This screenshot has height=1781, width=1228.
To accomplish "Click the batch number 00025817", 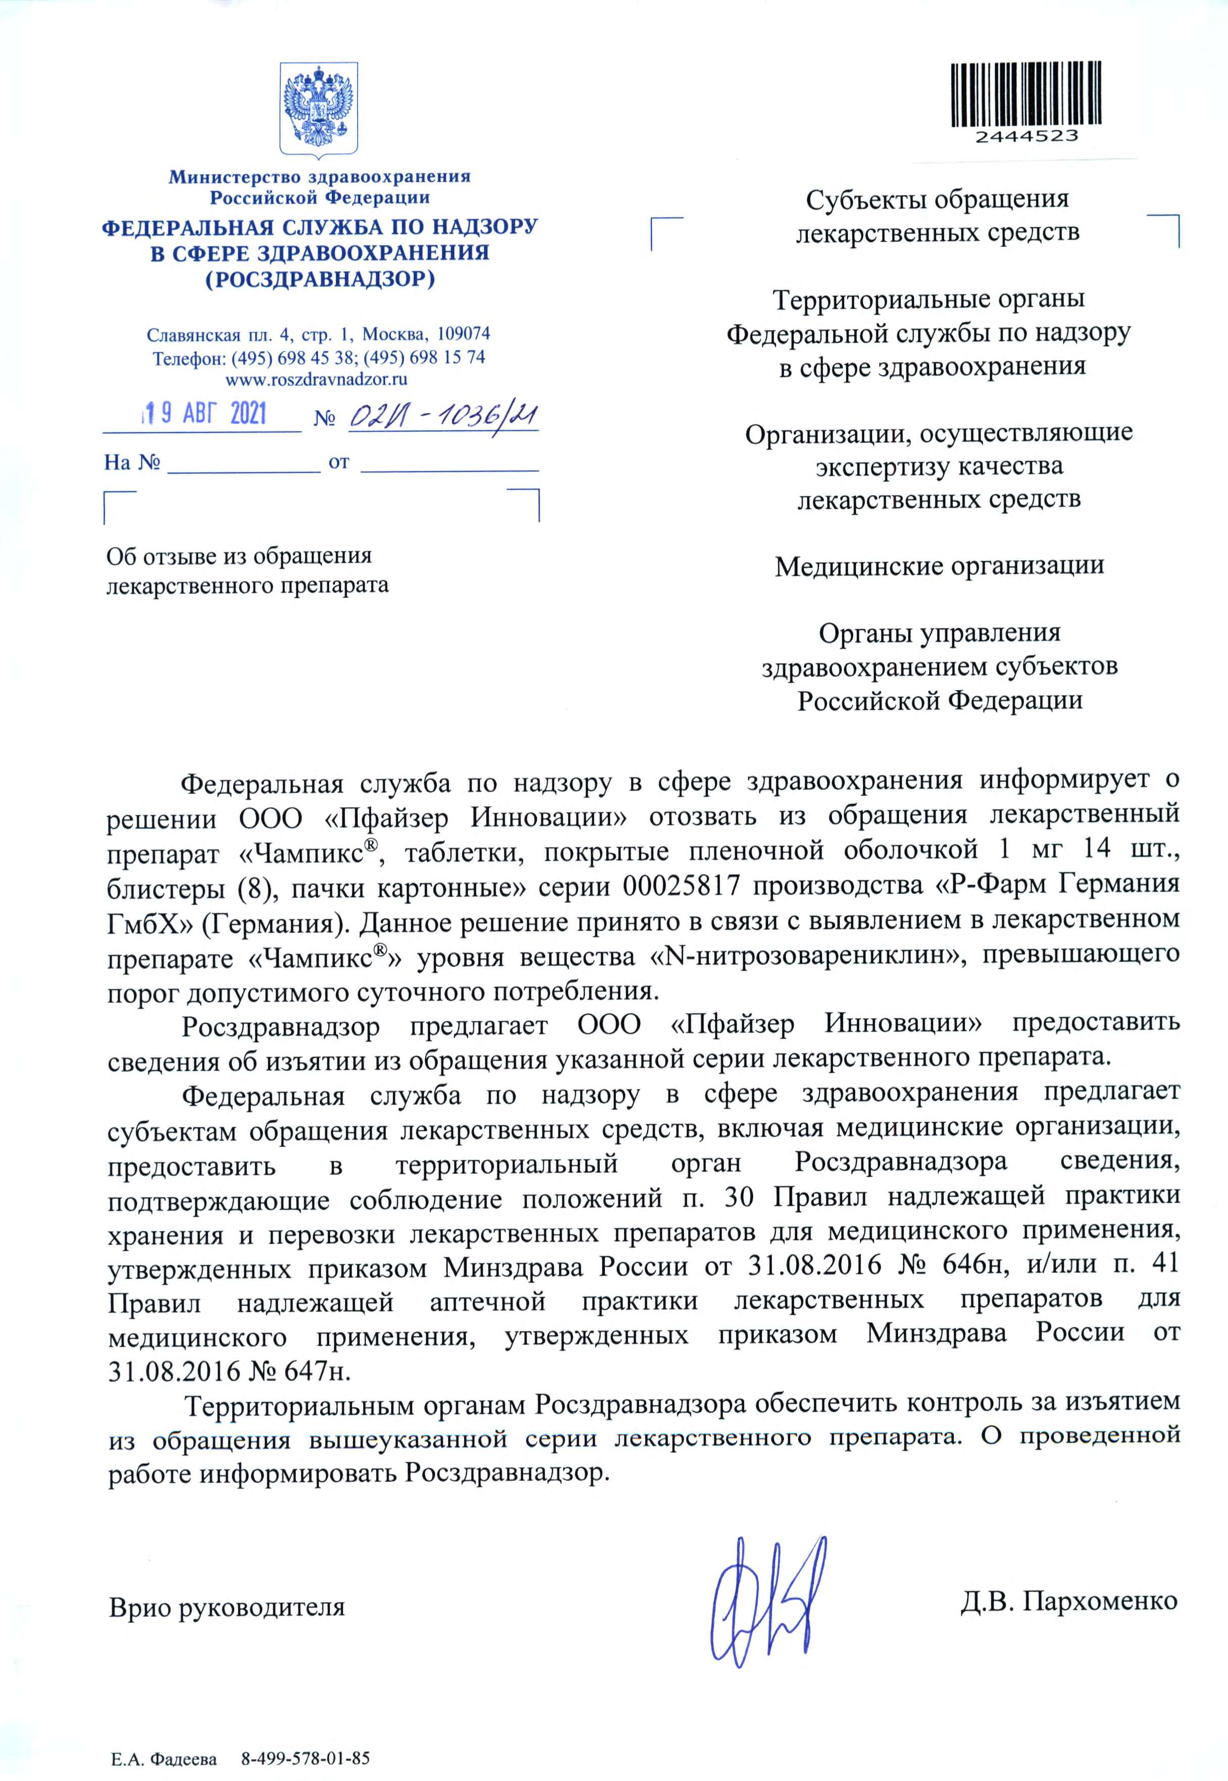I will coord(680,886).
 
